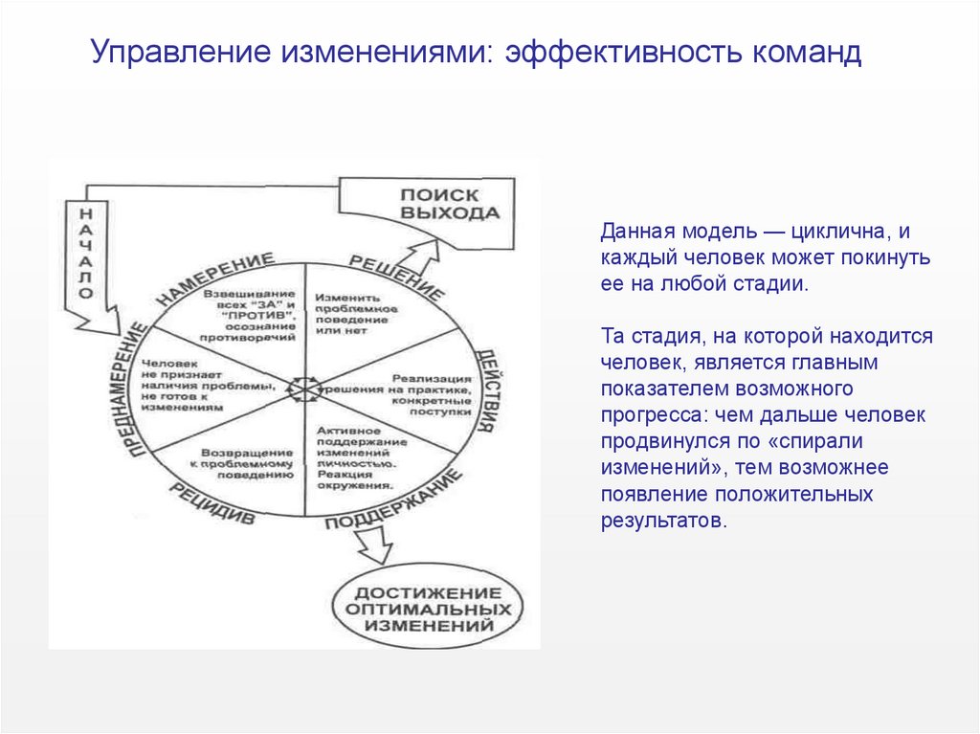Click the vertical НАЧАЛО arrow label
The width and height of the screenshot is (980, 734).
(x=83, y=252)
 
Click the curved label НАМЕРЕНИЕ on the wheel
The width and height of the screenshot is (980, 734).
(x=214, y=278)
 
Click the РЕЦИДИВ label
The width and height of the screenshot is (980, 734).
(x=212, y=504)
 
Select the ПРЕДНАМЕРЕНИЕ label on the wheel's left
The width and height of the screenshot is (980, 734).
(x=133, y=389)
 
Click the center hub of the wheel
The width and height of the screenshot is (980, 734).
(x=304, y=389)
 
